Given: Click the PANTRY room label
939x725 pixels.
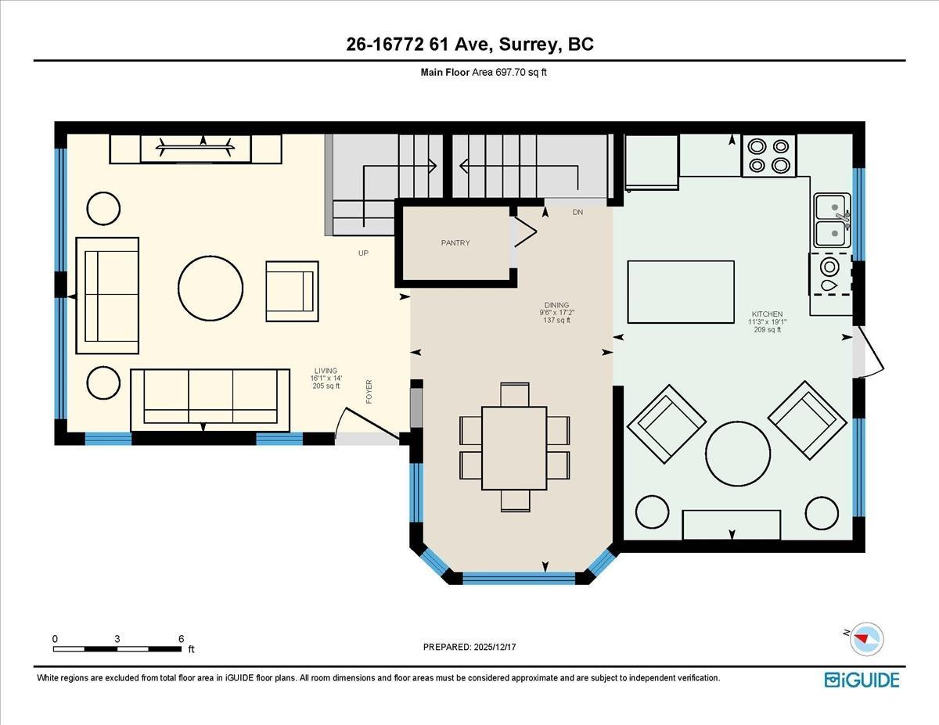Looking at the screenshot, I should coord(455,243).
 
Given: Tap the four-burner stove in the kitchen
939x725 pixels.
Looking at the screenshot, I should coord(768,156).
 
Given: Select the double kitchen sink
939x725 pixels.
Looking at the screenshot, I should coord(831,221).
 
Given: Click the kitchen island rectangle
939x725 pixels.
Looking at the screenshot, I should coord(681,292).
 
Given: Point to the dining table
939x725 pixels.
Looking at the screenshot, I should coord(514,447).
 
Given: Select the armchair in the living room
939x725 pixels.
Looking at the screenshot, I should coord(292,291).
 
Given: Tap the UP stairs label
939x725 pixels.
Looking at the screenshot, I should coord(363,253).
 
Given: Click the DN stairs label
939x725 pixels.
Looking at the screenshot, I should coord(577,213).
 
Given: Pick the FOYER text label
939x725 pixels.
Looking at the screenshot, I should coord(369,392).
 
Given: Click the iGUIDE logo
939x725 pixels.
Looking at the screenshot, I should coord(862,680).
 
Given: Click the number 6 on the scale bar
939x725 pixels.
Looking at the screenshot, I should coord(181,639).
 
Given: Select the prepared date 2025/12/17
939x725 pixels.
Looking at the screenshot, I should coord(470,648).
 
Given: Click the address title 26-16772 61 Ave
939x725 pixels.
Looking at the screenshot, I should coord(469,45).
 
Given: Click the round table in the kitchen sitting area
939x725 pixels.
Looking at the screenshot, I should coord(738,454).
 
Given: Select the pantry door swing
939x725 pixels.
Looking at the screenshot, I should coord(523,231).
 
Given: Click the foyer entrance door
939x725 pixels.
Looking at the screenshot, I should coord(368,426).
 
